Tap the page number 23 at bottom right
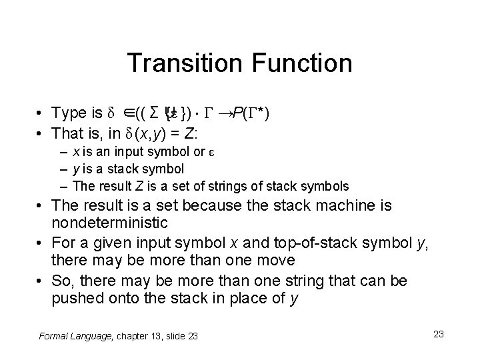(438, 333)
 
